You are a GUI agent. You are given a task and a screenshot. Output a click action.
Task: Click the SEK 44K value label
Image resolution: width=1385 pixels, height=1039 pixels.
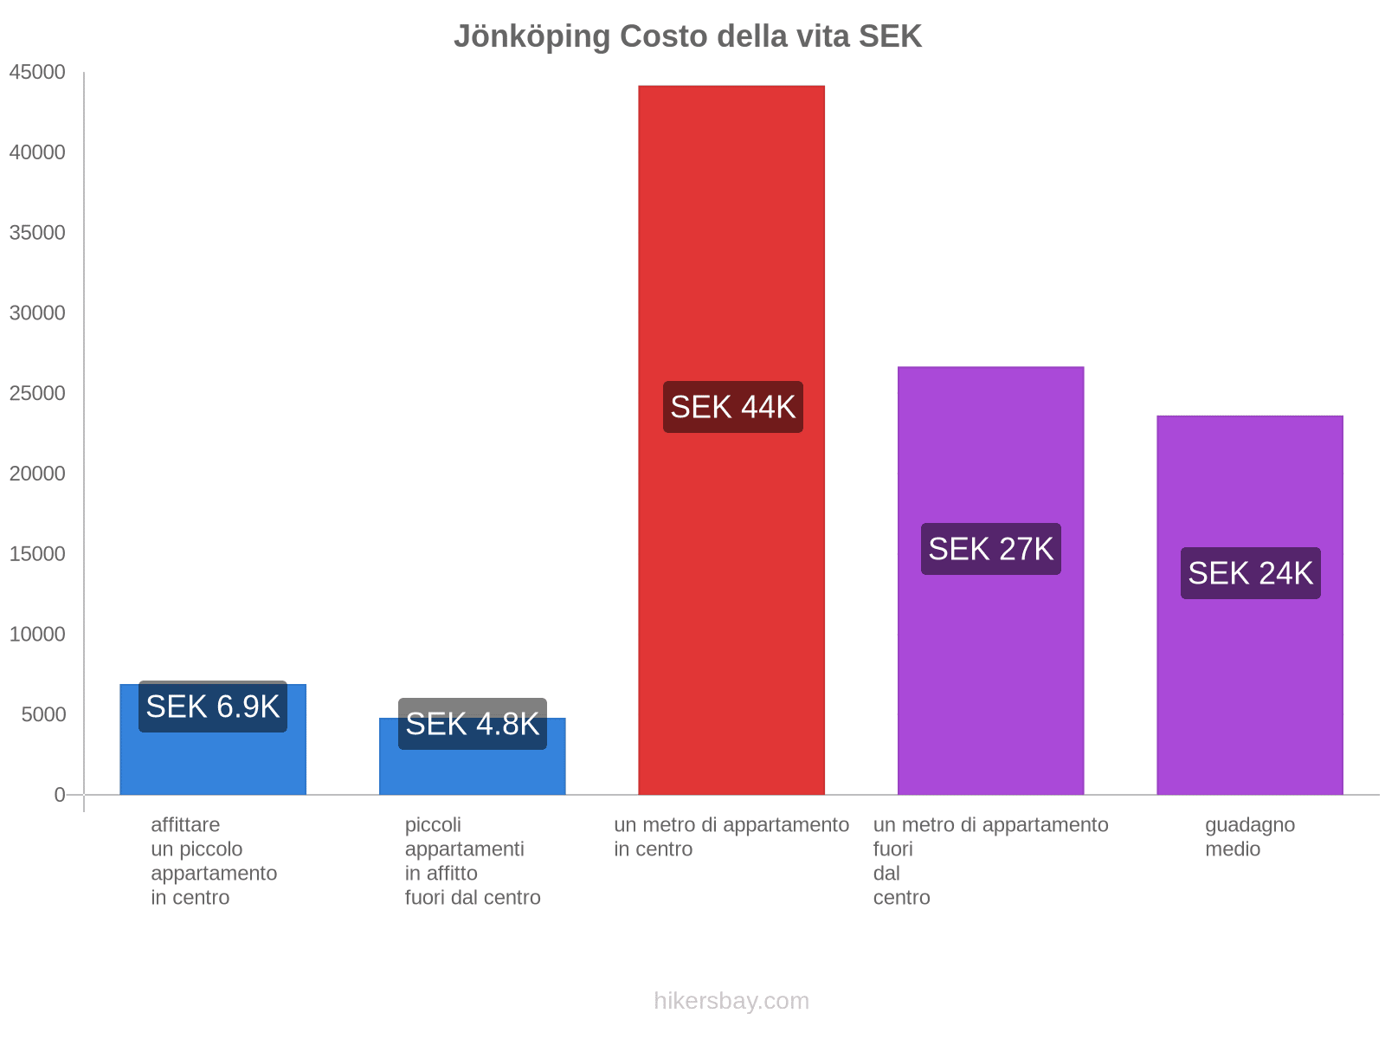pyautogui.click(x=732, y=407)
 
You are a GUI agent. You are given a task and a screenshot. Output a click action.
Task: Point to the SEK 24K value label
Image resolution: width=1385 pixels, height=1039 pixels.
pyautogui.click(x=1250, y=573)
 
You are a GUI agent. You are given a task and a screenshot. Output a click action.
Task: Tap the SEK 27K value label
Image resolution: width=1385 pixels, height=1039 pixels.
pyautogui.click(x=990, y=549)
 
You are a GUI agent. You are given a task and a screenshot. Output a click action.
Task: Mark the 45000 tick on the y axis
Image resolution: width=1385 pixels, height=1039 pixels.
pyautogui.click(x=38, y=73)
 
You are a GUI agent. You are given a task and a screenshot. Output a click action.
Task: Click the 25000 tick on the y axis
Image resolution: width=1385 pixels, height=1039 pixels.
pyautogui.click(x=38, y=394)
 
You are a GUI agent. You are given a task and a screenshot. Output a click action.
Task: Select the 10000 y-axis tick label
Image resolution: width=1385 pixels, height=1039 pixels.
pyautogui.click(x=38, y=635)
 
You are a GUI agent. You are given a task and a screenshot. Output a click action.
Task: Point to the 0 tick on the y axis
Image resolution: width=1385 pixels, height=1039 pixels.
pyautogui.click(x=60, y=795)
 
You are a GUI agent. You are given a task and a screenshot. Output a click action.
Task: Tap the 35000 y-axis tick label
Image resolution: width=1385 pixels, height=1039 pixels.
pyautogui.click(x=38, y=233)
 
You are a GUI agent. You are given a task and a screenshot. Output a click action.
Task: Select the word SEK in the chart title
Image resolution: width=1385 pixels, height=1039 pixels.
pyautogui.click(x=890, y=36)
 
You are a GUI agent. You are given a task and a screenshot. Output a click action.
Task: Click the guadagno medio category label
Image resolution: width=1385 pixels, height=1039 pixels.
pyautogui.click(x=1250, y=836)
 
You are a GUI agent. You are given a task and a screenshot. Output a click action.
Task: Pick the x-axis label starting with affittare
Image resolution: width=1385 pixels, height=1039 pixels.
pyautogui.click(x=213, y=861)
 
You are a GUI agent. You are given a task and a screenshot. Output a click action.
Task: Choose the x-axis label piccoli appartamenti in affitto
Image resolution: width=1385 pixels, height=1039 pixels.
pyautogui.click(x=473, y=861)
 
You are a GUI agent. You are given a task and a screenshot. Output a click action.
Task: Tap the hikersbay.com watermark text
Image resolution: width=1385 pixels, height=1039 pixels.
pyautogui.click(x=731, y=1001)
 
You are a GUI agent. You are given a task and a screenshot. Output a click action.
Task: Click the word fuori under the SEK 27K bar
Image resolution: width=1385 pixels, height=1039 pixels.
pyautogui.click(x=893, y=849)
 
